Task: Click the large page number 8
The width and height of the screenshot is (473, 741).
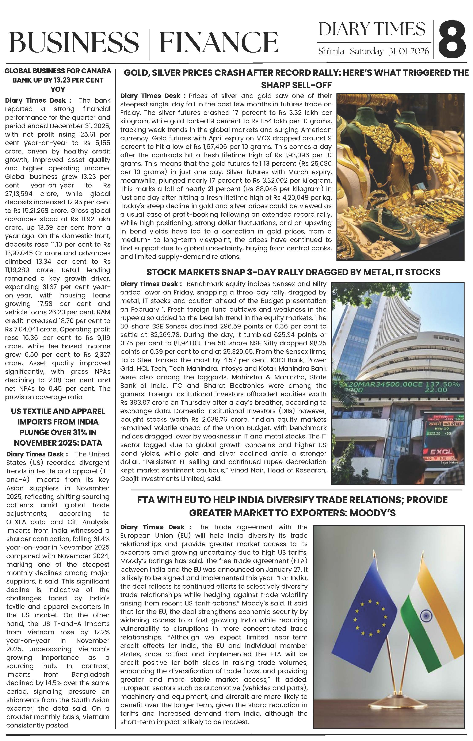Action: coord(451,39)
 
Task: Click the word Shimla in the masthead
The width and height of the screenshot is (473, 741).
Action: coord(331,51)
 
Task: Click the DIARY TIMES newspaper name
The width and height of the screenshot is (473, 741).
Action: coord(372,30)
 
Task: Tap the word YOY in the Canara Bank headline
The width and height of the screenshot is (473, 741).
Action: coord(58,90)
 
